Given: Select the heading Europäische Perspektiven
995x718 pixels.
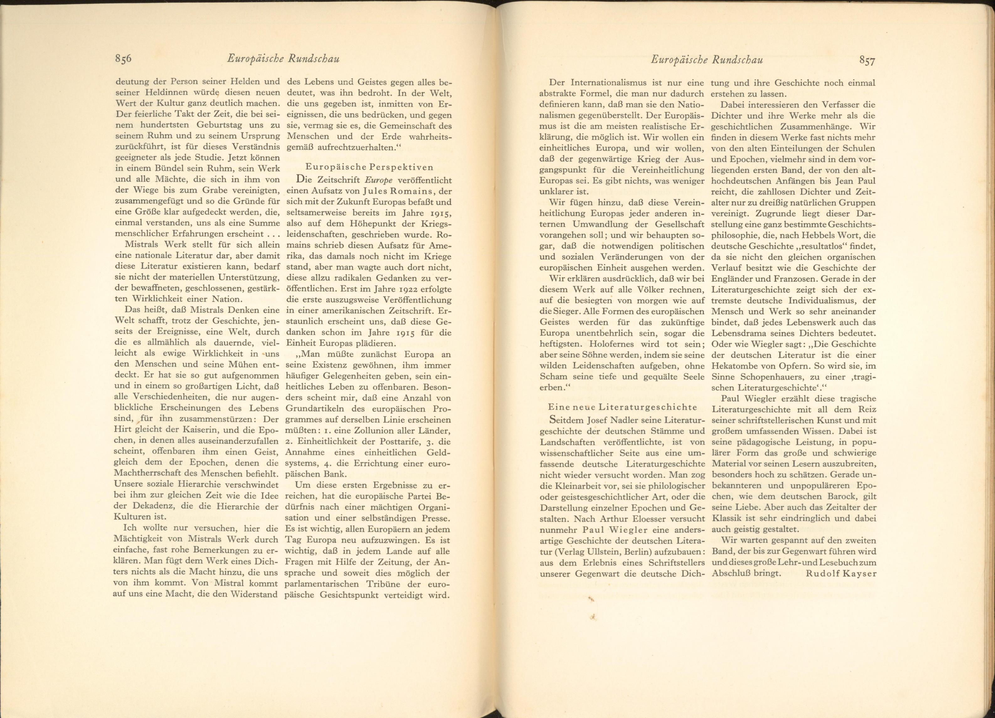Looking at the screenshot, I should point(369,167).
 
